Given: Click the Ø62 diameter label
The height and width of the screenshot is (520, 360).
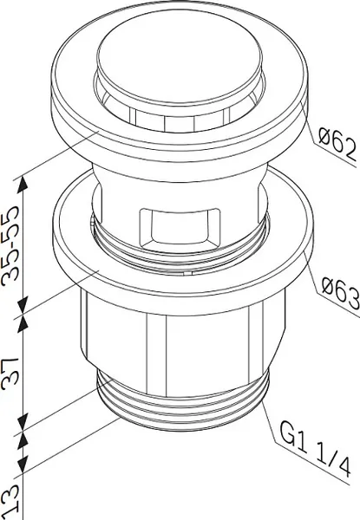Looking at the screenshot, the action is pos(337,144).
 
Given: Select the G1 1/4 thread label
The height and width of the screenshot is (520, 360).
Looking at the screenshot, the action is pos(315,448).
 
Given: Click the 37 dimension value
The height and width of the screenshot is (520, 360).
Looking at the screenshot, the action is pos(10,373).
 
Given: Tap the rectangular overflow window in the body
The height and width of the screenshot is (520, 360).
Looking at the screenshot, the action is pos(180,228).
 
